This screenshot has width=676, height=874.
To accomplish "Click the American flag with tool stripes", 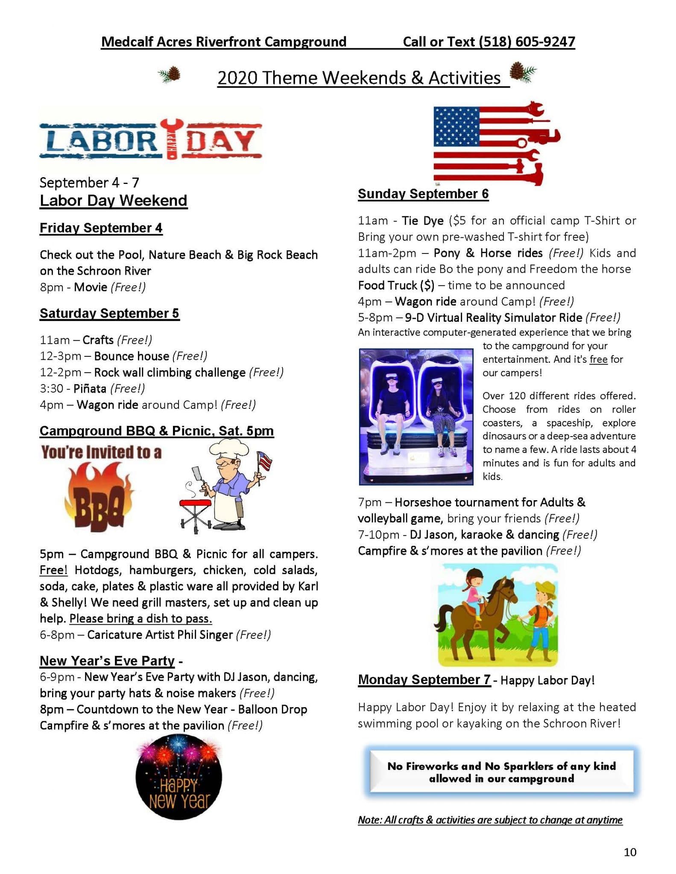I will click(495, 144).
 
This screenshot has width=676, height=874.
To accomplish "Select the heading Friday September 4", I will click(101, 228).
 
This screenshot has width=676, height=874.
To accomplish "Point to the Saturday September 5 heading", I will click(110, 314).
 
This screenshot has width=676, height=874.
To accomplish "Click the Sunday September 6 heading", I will click(423, 194).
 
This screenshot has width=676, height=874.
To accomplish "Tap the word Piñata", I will click(90, 389).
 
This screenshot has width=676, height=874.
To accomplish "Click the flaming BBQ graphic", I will click(99, 497).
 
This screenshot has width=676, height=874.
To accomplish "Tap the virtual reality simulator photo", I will click(416, 417).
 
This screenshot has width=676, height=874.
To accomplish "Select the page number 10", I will click(630, 853).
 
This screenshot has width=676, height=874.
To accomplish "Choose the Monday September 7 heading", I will click(424, 680).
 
